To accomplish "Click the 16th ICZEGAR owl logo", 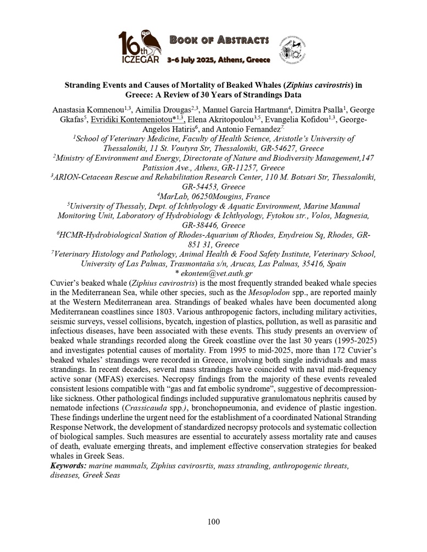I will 140,47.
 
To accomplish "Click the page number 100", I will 214,521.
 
